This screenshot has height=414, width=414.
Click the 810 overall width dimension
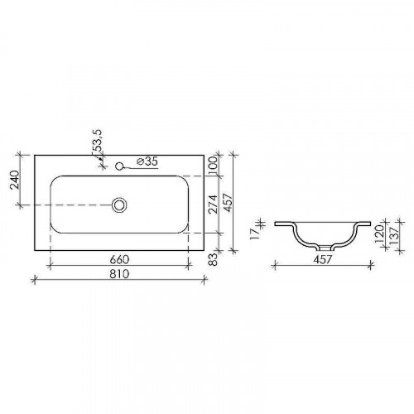click(x=122, y=274)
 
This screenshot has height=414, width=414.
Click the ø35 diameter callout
click(x=145, y=162)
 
